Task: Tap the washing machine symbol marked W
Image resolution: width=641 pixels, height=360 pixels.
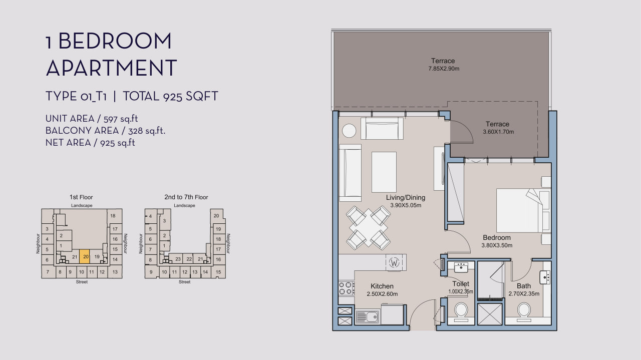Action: [x=394, y=262]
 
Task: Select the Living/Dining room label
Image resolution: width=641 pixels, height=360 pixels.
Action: [x=406, y=197]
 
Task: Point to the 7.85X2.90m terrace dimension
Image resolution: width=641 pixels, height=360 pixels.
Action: [x=444, y=69]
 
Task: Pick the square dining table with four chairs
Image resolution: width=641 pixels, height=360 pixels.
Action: [x=368, y=228]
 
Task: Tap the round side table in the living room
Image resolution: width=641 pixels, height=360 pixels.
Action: [x=349, y=131]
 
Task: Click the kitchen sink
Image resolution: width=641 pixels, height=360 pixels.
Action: [x=367, y=317]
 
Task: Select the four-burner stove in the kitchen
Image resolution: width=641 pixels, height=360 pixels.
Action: [x=346, y=288]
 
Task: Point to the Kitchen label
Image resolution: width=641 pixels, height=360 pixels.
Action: [x=382, y=286]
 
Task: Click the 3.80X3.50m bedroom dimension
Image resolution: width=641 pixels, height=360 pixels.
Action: [x=497, y=245]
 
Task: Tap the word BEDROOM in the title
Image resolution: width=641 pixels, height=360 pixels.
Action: [x=115, y=41]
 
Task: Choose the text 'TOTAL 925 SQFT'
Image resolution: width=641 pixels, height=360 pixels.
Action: [x=171, y=96]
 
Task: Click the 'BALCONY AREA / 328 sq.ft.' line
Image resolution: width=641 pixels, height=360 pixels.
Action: [x=105, y=131]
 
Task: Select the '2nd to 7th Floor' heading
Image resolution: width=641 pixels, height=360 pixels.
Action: [x=186, y=197]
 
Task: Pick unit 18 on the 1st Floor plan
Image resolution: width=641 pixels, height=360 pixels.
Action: [x=113, y=216]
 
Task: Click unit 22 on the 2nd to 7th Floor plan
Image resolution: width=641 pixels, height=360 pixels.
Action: [x=189, y=259]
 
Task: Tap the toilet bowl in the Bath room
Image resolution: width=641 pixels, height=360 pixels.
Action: [x=524, y=310]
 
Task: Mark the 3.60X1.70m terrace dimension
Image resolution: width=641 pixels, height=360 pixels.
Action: [x=498, y=132]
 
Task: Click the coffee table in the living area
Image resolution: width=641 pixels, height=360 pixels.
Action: [x=384, y=172]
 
